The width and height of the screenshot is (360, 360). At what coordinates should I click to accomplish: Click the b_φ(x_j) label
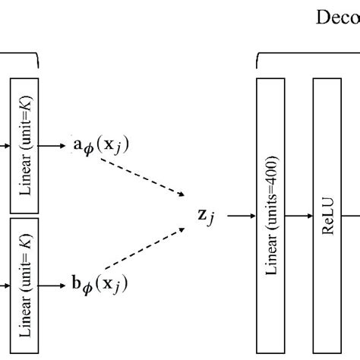pos(102,285)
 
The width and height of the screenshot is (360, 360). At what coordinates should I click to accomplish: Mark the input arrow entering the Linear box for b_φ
pos(4,286)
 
